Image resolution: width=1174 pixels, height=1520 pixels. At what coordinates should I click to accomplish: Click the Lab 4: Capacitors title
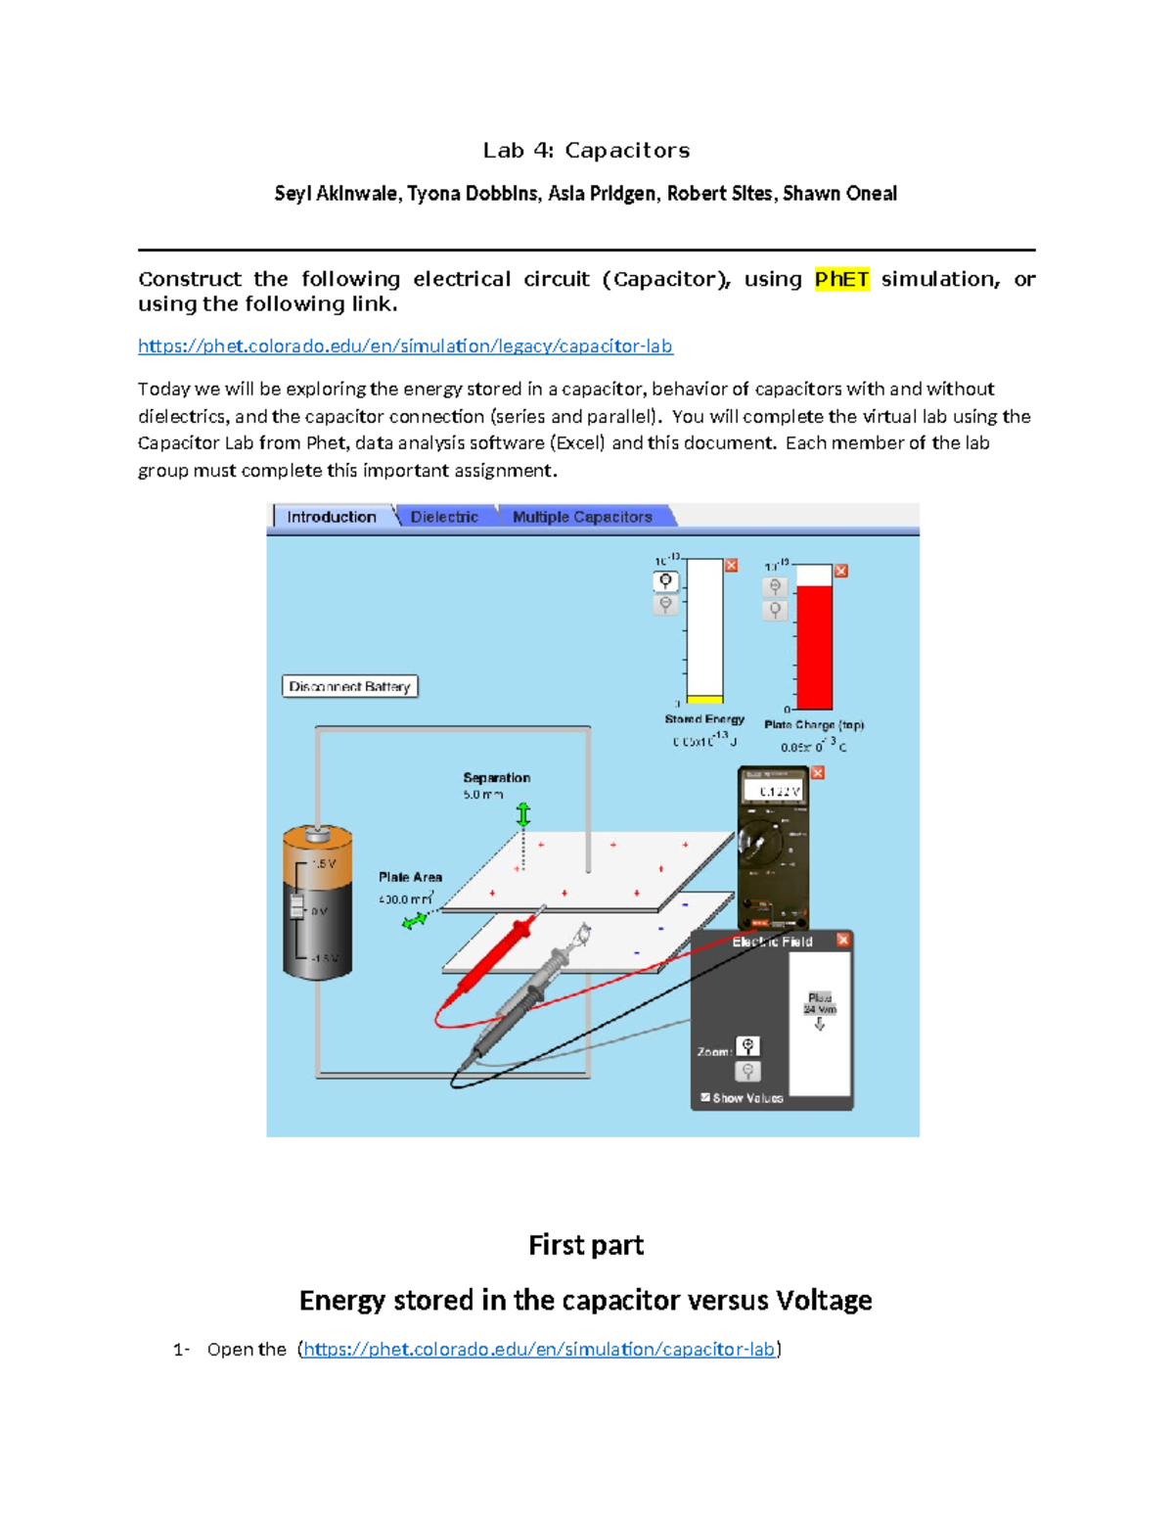click(586, 150)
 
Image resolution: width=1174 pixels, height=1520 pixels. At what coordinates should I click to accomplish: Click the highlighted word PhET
click(841, 279)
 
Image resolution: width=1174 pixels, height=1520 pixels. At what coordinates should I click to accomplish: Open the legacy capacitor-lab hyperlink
click(405, 345)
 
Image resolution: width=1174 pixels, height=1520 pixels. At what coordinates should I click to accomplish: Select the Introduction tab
click(331, 517)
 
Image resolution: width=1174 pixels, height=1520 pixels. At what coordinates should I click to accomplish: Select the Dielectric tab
click(444, 517)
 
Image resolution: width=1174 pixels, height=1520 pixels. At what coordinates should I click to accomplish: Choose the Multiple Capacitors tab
click(582, 517)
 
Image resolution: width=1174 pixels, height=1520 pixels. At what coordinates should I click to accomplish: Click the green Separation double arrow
click(523, 814)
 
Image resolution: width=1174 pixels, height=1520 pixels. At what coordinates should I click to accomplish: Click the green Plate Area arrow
click(415, 920)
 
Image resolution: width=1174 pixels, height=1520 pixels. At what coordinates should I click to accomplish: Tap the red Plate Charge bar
click(814, 647)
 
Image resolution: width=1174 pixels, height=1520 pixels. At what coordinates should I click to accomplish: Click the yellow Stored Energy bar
click(704, 699)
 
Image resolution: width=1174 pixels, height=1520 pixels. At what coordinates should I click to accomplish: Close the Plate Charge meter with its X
click(841, 571)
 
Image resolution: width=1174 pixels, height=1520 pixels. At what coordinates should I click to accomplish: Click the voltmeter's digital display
click(773, 791)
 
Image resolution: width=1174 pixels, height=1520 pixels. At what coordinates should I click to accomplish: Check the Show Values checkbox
click(705, 1098)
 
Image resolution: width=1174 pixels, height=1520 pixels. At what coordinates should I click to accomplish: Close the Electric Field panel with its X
click(843, 940)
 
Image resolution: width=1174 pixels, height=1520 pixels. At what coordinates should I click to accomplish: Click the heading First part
click(586, 1245)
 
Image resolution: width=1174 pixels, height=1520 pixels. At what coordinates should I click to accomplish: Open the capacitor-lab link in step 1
click(539, 1349)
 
